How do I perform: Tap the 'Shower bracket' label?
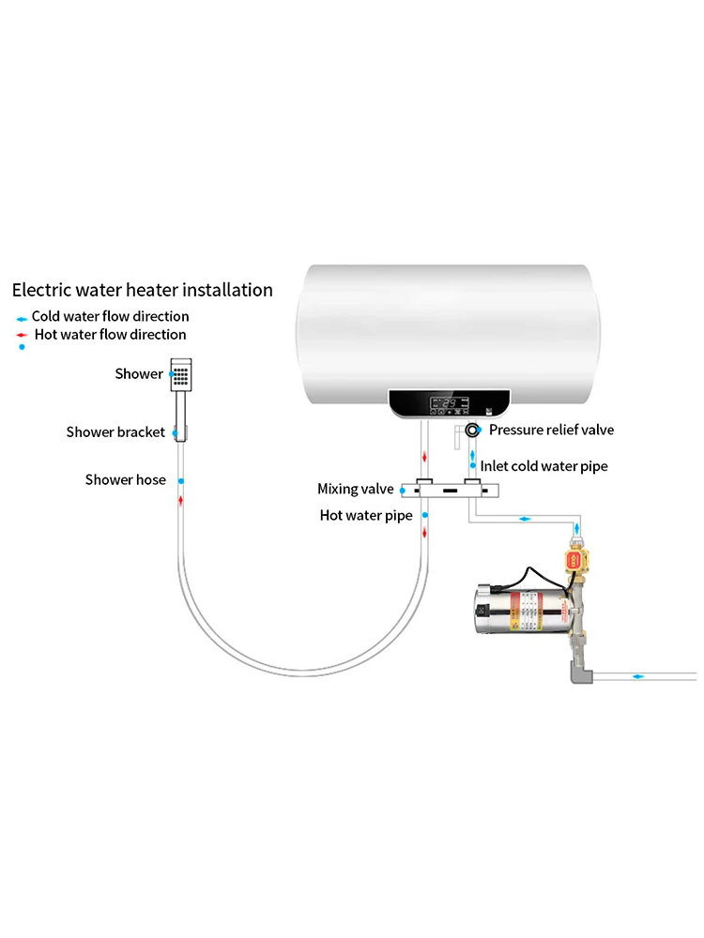115,432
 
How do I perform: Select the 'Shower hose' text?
125,480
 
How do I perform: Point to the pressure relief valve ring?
471,430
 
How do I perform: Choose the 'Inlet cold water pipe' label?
543,466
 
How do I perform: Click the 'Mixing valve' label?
355,489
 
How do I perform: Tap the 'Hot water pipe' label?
366,515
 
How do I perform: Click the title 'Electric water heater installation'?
142,290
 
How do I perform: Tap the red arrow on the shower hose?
181,500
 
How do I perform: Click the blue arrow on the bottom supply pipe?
638,675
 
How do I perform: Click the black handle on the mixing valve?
451,490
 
